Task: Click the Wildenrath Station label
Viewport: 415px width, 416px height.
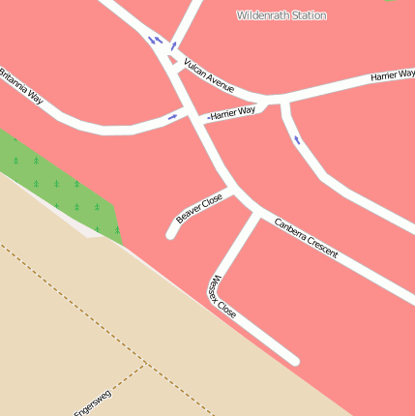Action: coord(282,15)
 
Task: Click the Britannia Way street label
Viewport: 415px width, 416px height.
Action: coord(21,85)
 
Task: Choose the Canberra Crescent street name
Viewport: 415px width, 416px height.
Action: coord(306,237)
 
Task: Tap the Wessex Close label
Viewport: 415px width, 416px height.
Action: coord(222,299)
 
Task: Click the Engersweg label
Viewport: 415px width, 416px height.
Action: coord(93,402)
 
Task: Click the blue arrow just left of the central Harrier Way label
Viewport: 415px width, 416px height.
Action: coord(173,117)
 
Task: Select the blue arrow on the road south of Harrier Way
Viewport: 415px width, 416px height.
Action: coord(296,140)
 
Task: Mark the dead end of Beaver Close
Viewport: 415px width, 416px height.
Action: coord(171,233)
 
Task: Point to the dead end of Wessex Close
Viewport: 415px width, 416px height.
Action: coord(294,361)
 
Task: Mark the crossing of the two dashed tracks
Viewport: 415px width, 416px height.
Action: coord(144,366)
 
